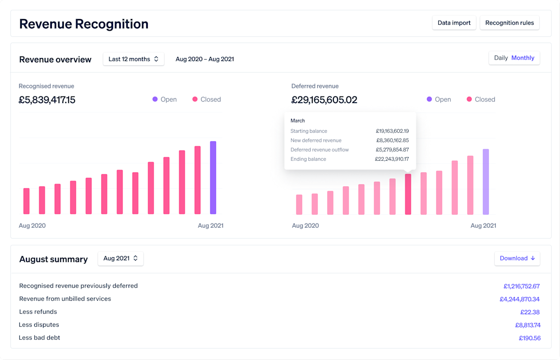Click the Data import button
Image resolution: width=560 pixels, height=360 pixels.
[454, 23]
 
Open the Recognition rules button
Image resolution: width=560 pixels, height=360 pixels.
[509, 23]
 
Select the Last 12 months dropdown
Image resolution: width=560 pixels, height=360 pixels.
[133, 59]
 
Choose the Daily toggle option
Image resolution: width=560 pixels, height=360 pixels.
[501, 58]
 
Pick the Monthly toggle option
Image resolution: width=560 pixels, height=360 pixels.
[523, 58]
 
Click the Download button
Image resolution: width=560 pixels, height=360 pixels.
[517, 258]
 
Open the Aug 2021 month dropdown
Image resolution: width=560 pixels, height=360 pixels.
[120, 258]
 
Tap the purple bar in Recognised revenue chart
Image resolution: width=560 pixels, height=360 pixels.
[213, 178]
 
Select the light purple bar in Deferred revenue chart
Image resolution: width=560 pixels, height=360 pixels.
[486, 182]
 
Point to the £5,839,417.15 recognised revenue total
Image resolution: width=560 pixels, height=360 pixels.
[47, 100]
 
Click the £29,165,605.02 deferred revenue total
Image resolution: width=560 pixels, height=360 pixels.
[324, 100]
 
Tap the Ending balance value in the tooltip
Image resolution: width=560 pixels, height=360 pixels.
[391, 159]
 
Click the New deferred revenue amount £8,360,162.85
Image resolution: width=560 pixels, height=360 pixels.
[393, 141]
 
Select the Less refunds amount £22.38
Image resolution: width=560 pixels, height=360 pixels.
[530, 312]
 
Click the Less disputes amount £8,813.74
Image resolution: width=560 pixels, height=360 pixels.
[527, 325]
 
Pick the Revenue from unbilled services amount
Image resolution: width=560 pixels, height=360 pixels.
[520, 299]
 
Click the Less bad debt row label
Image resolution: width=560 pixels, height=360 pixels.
[39, 338]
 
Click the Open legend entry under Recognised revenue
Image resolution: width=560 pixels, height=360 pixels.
[164, 100]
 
